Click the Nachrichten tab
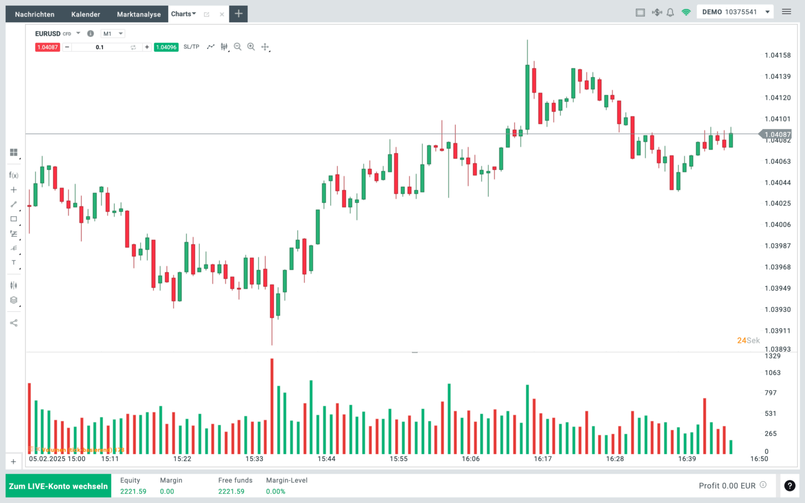click(35, 14)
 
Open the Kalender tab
click(85, 14)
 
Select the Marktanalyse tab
click(139, 14)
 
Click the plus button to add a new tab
click(238, 14)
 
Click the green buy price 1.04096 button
click(166, 47)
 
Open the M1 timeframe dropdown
click(113, 34)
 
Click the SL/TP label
click(191, 47)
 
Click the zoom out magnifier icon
click(237, 47)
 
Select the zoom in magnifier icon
click(251, 47)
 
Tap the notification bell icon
click(670, 12)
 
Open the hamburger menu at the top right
click(786, 12)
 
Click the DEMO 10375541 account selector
click(735, 12)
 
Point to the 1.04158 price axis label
click(777, 55)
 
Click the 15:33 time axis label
click(254, 459)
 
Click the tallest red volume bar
click(272, 406)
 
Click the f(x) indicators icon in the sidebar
click(14, 175)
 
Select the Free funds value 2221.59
click(231, 491)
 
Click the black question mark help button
click(789, 486)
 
